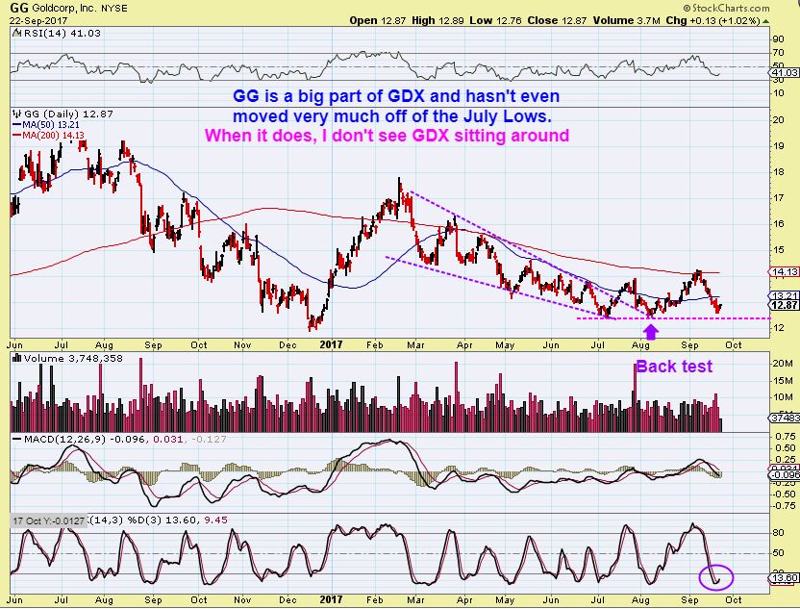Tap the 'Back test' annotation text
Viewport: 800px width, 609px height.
click(x=673, y=366)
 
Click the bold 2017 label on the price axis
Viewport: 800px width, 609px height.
click(x=332, y=342)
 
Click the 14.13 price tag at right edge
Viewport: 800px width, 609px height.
click(x=786, y=272)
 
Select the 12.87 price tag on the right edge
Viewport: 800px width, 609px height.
click(x=786, y=305)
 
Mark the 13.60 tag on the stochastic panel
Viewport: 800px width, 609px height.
click(x=786, y=577)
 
